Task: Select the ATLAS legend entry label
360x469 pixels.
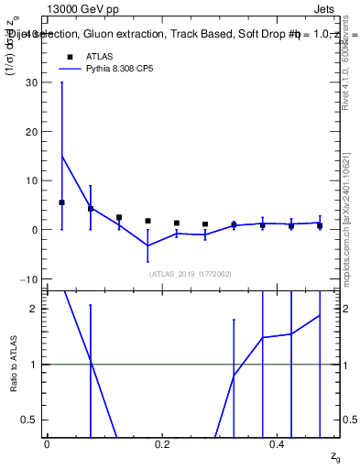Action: point(99,56)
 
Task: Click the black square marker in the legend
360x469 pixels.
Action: point(70,56)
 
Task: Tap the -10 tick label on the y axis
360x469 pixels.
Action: point(32,278)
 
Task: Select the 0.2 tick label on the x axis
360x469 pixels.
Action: point(162,444)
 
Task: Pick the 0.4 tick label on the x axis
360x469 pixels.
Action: point(278,444)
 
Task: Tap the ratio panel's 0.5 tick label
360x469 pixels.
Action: point(32,420)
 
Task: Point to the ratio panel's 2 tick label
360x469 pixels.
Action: point(37,309)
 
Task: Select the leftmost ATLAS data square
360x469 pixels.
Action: point(61,202)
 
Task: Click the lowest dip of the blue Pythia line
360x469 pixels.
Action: point(148,245)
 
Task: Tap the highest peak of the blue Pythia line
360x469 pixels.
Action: point(61,156)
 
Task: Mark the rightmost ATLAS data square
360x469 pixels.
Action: point(320,225)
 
